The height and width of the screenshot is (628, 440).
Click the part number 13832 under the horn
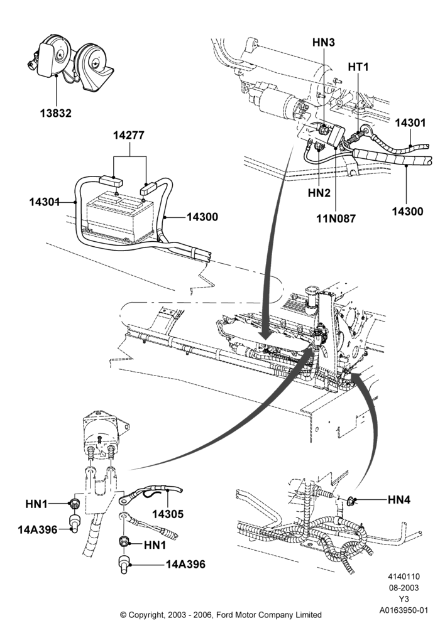(x=56, y=113)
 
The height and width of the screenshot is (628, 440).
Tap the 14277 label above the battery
(x=129, y=136)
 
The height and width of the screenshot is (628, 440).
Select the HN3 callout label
(x=323, y=43)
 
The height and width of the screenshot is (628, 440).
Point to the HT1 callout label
(x=358, y=67)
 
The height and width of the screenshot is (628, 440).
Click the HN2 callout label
(x=319, y=193)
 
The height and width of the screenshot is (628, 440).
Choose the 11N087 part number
(x=336, y=219)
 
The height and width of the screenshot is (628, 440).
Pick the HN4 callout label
(x=399, y=499)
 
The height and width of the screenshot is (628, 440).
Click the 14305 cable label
(x=168, y=514)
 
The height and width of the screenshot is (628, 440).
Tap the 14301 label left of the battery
(x=45, y=202)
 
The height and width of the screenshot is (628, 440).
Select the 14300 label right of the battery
(x=202, y=217)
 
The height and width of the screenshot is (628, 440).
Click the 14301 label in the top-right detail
(x=410, y=123)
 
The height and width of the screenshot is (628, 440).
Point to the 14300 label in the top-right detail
(x=407, y=211)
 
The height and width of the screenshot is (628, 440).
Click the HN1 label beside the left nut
(x=36, y=504)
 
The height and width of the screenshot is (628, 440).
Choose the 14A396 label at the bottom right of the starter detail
(x=185, y=565)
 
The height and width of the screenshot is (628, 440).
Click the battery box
(x=120, y=215)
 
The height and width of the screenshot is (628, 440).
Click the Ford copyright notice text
(x=221, y=614)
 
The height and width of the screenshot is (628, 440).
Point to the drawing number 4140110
(x=404, y=577)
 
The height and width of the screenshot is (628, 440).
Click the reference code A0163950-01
(x=404, y=610)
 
